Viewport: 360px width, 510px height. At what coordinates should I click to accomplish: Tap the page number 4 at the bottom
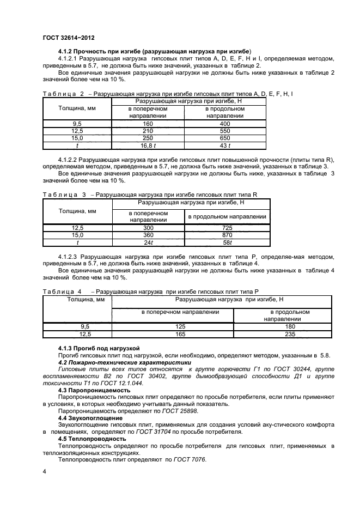coord(44,470)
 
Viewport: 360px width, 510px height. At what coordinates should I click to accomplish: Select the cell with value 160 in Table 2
coord(148,124)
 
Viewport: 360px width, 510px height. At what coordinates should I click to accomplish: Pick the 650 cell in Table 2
coord(225,138)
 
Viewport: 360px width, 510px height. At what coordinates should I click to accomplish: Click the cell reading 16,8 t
coord(148,145)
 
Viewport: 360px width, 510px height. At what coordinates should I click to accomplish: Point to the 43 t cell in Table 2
coord(225,145)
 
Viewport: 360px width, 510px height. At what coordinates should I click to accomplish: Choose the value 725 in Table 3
coord(227,227)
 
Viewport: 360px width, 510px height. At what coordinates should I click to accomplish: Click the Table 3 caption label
coord(64,195)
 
